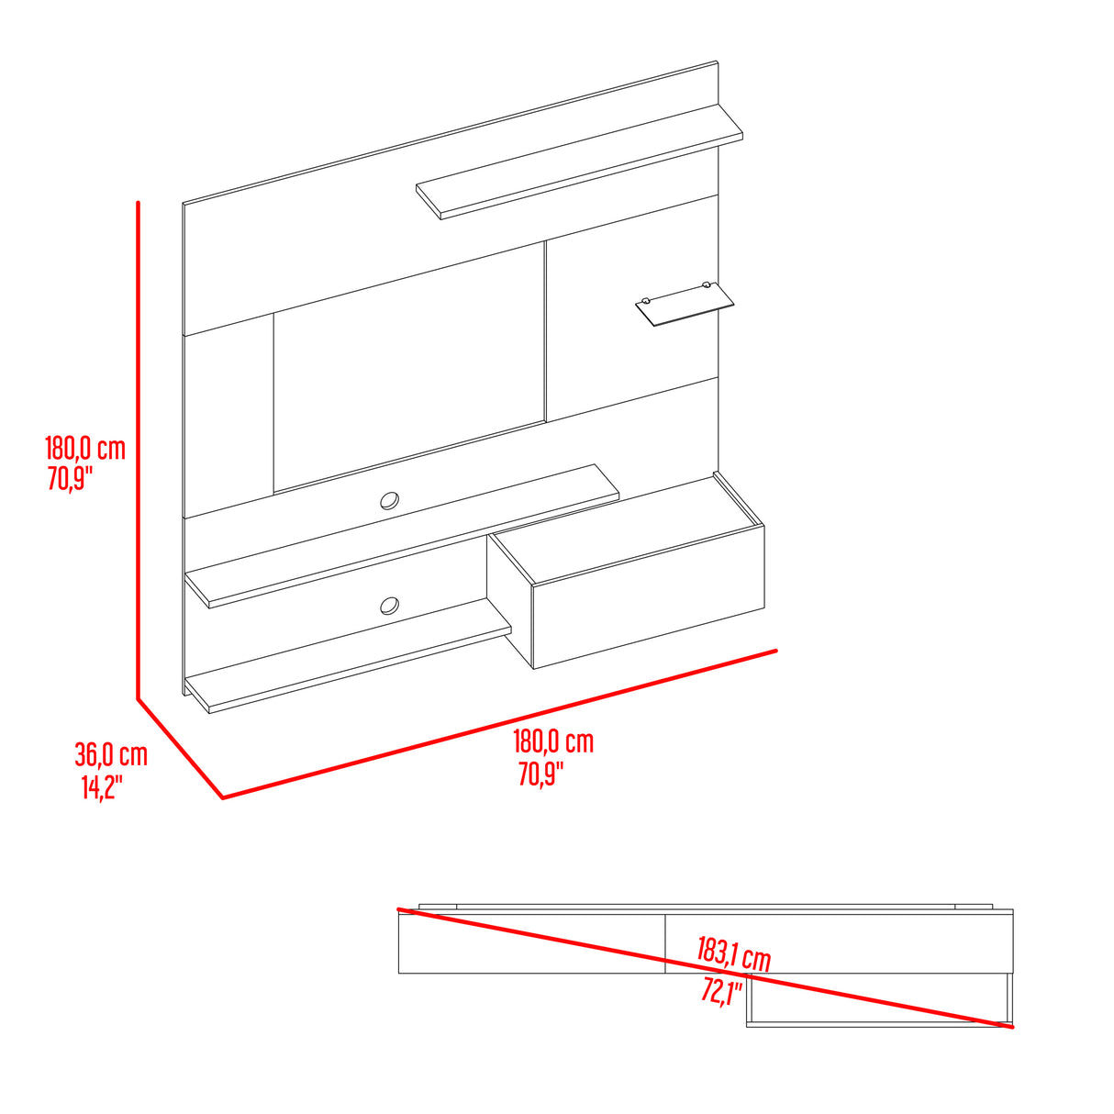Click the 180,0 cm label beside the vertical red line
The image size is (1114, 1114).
point(85,449)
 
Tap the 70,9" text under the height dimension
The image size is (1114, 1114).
point(70,479)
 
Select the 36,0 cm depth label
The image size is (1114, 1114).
point(111,754)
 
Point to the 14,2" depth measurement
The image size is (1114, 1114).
point(103,786)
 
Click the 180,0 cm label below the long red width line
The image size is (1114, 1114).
point(553,741)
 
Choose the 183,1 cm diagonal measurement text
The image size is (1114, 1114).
point(733,954)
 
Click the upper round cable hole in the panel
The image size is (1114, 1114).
point(390,501)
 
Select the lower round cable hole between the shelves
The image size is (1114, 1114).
point(390,606)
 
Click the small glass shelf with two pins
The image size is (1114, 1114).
point(685,304)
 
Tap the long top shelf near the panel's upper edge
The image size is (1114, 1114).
point(579,162)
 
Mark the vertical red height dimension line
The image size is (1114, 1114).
point(139,451)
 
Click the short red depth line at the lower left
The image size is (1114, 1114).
point(181,749)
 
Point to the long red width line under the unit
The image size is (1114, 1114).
point(499,724)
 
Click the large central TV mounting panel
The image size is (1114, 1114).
point(409,368)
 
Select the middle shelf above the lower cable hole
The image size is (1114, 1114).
point(402,537)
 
